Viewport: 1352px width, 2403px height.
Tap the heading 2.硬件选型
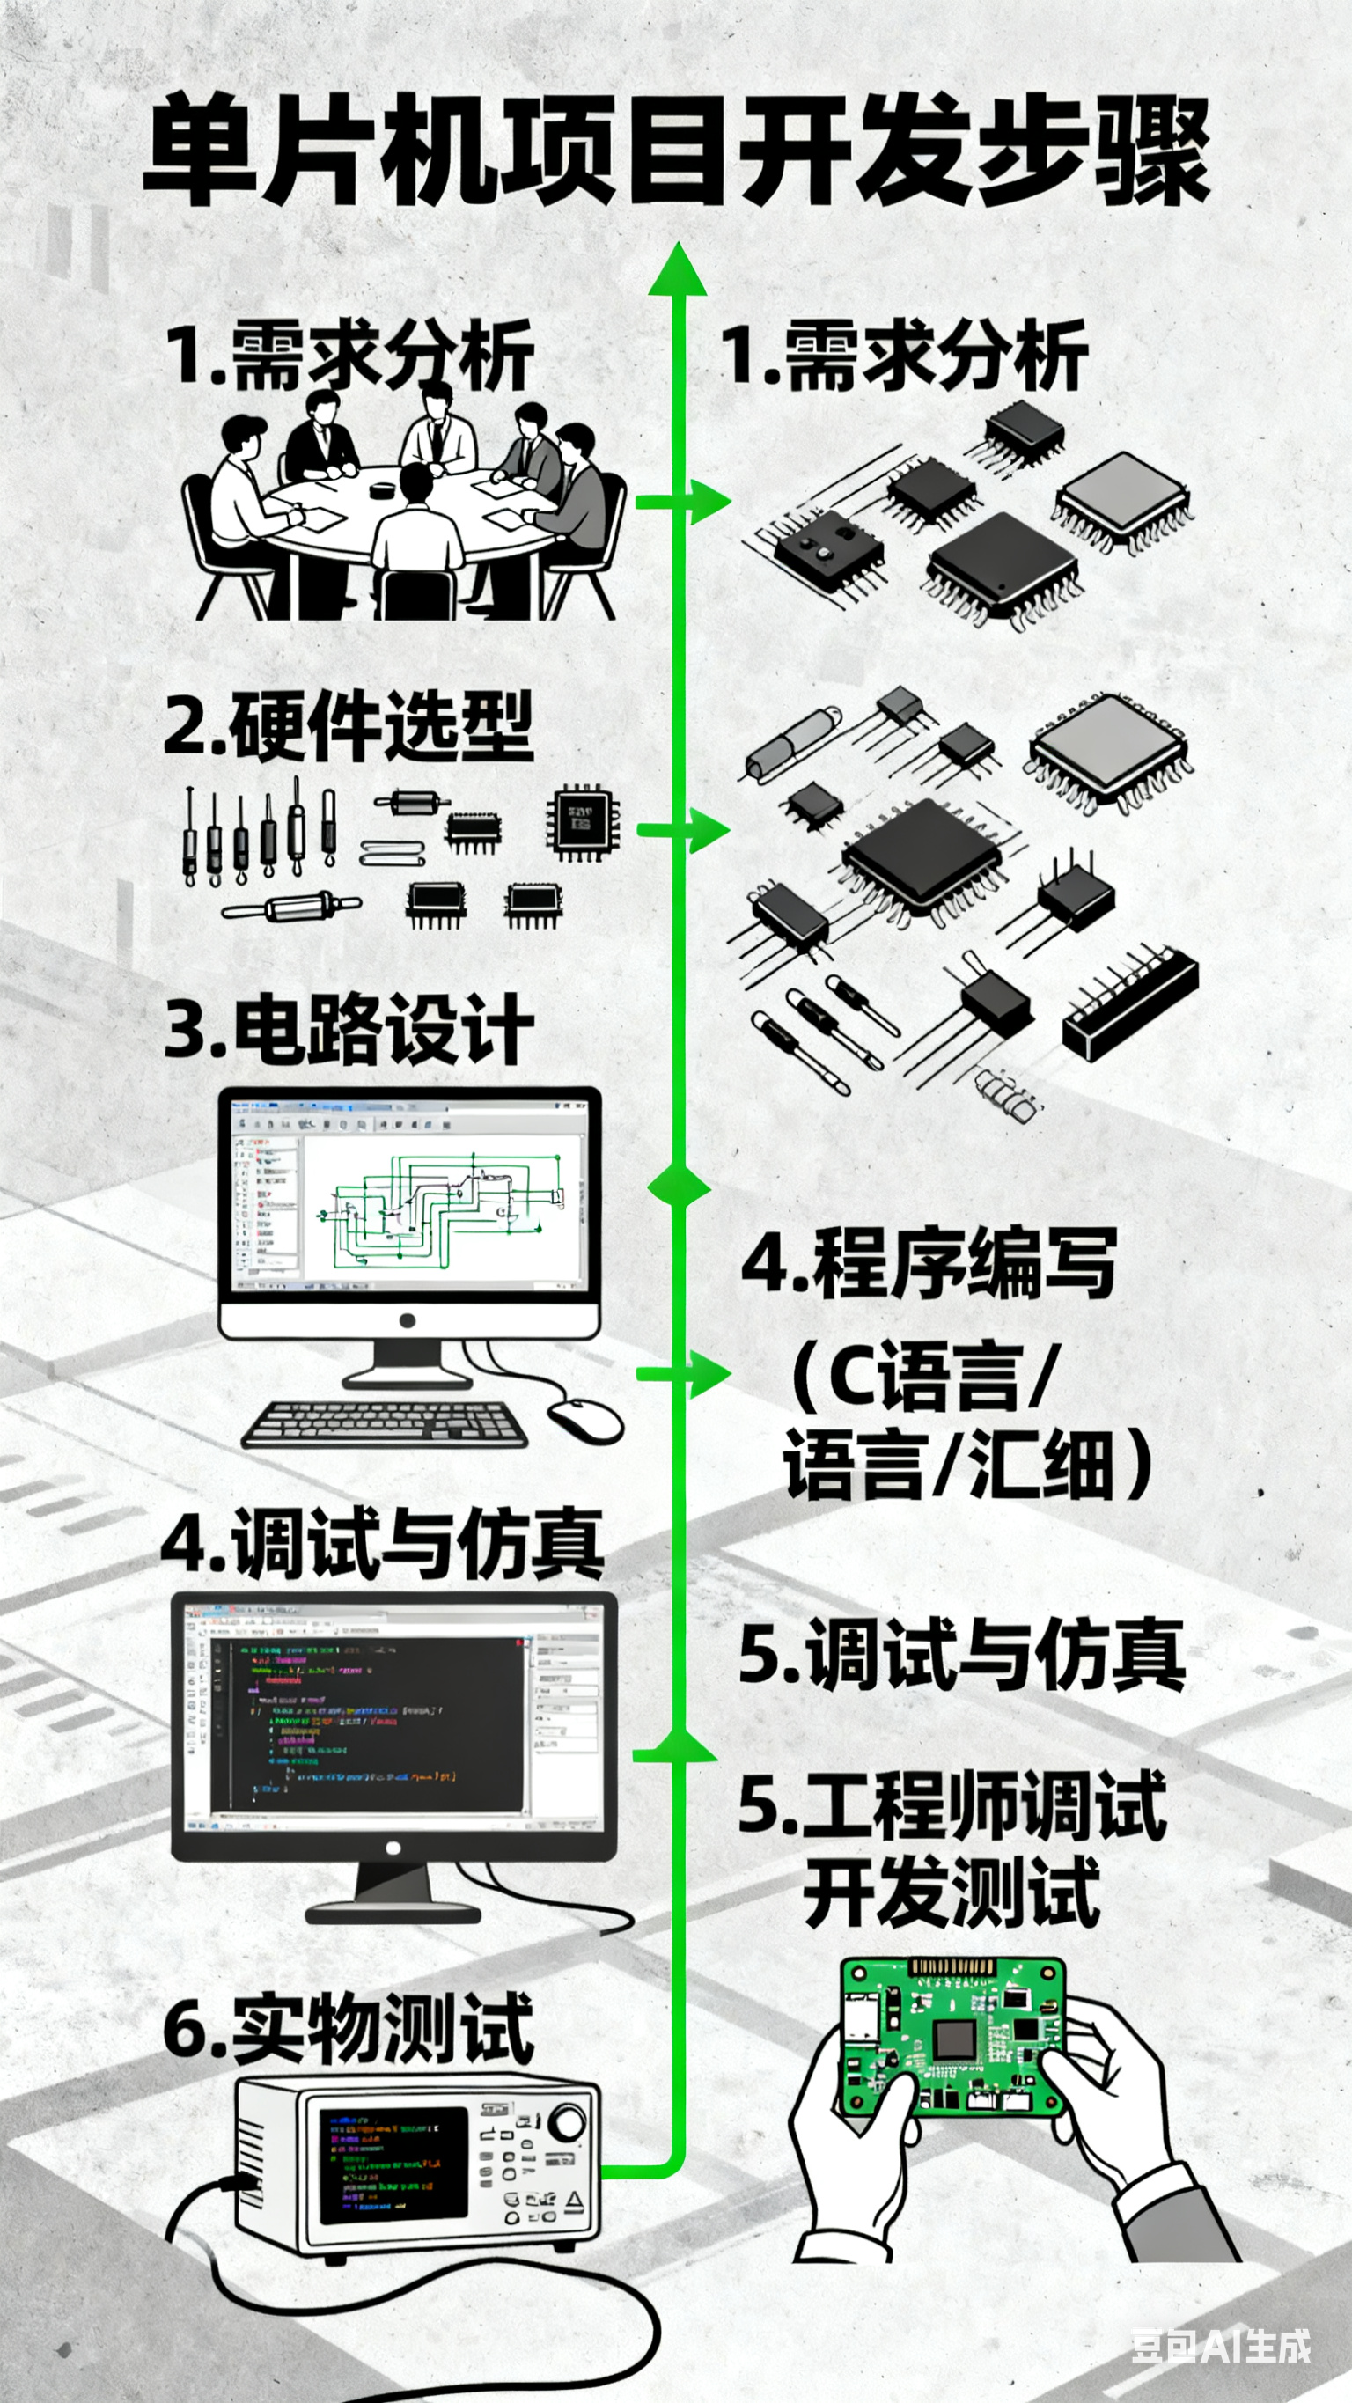[x=348, y=727]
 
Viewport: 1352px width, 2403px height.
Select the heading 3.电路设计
[x=348, y=1030]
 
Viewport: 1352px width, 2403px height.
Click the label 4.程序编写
[x=929, y=1264]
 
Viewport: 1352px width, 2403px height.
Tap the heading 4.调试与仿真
[x=383, y=1544]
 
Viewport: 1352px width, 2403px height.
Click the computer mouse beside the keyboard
[x=586, y=1419]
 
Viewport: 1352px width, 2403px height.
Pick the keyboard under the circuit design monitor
[x=383, y=1424]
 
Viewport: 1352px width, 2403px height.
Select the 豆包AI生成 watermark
[x=1221, y=2346]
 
